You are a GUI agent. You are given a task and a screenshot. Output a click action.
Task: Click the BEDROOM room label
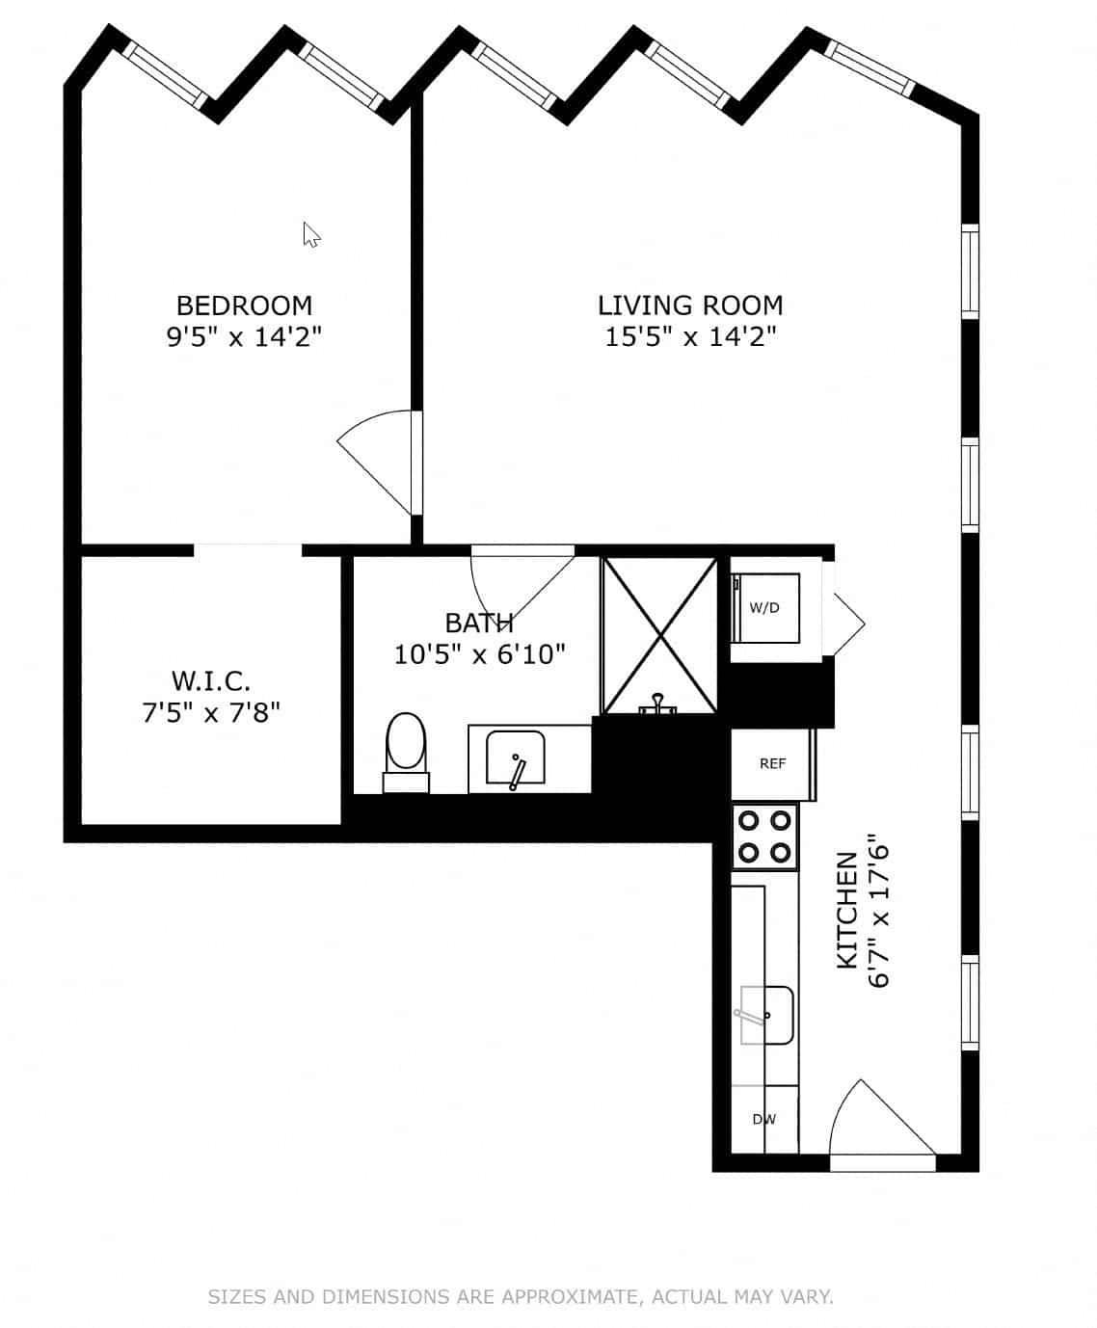click(244, 305)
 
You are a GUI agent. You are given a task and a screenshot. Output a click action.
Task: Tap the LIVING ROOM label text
click(690, 305)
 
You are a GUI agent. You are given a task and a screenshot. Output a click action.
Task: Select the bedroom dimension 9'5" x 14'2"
click(244, 337)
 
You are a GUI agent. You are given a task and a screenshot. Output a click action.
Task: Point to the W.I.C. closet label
click(211, 681)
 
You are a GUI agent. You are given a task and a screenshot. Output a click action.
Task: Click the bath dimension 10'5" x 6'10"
click(479, 655)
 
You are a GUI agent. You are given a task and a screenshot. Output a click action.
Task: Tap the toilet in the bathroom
click(406, 748)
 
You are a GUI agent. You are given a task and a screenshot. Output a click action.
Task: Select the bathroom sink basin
click(515, 758)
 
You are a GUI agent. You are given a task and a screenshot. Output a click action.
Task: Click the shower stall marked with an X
click(660, 635)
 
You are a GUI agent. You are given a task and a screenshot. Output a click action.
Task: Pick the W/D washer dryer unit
click(765, 608)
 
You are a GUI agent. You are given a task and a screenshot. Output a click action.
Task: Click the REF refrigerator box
click(772, 764)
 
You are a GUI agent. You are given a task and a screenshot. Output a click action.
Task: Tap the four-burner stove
click(765, 837)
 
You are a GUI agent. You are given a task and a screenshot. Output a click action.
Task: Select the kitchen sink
click(767, 1015)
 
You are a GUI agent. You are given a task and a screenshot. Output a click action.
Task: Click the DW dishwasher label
click(764, 1119)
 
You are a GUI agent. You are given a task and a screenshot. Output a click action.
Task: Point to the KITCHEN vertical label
click(846, 910)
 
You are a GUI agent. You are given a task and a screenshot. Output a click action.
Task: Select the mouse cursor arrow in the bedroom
click(310, 234)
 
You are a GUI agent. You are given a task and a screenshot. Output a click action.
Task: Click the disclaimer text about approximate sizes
click(521, 1296)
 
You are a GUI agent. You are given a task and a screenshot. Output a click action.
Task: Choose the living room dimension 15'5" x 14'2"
click(690, 337)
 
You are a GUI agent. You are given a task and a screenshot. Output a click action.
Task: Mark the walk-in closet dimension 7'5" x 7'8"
click(211, 713)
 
